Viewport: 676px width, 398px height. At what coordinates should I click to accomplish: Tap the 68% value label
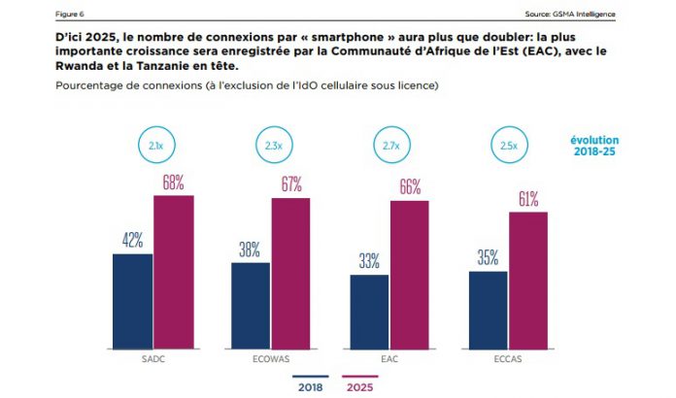click(174, 182)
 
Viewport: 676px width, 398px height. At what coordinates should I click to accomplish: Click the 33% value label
click(369, 260)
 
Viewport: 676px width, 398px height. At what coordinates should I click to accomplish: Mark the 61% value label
click(528, 198)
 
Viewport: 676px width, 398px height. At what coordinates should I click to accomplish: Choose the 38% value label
click(250, 249)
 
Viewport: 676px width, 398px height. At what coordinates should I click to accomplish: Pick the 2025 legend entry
click(360, 385)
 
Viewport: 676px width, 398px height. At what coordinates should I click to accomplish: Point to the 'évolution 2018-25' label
click(593, 147)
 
